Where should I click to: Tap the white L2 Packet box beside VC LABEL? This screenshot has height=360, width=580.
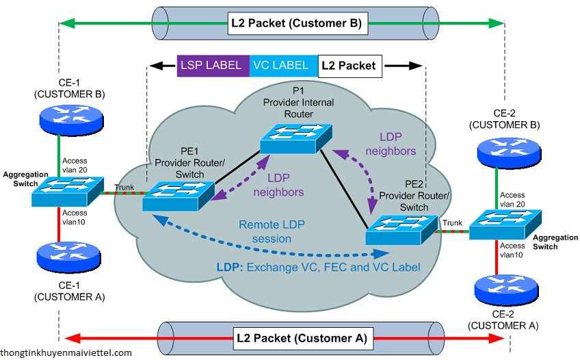349,66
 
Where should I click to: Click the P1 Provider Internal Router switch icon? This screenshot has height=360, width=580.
295,139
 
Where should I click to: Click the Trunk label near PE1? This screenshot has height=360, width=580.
124,188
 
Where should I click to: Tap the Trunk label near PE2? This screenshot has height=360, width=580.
453,222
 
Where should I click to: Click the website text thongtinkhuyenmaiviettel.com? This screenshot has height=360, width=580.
66,352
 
